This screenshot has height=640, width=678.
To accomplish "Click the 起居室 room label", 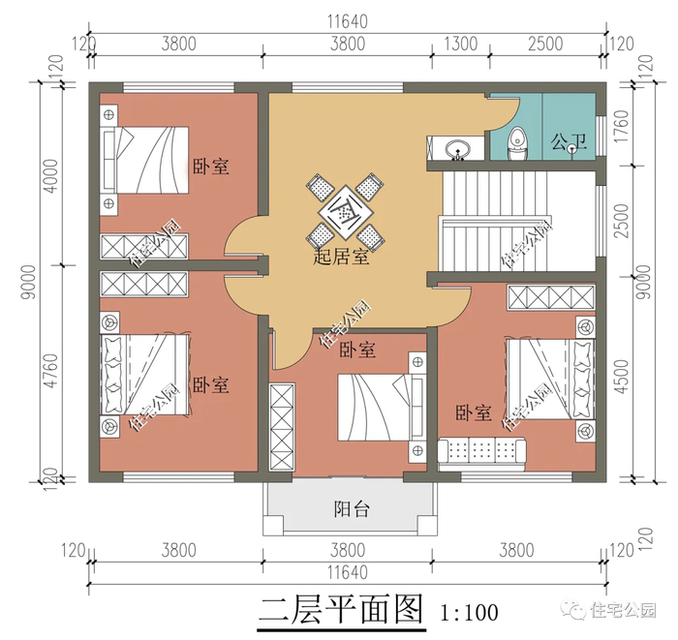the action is coord(341,257).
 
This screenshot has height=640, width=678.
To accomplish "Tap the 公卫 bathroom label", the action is coord(569,141).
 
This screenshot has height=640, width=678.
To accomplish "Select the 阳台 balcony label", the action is coord(352,509).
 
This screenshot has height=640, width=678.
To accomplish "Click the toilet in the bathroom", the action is coord(516,143).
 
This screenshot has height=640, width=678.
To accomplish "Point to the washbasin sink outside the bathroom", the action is coord(457,149).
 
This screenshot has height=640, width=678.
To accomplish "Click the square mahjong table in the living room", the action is coord(345,212).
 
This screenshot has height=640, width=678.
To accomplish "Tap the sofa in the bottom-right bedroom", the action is coord(481,454).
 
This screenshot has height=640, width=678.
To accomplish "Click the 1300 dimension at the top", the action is coord(461,45).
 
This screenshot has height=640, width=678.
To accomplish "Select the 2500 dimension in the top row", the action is coord(545,45).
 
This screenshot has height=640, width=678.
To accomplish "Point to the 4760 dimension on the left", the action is coord(51,370).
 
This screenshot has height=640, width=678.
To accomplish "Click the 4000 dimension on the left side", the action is coord(51,176).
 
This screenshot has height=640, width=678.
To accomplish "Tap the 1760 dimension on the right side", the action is coord(621,126).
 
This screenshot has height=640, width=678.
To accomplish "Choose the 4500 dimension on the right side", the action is coord(621,376).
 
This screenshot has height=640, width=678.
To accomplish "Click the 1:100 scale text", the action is coord(469,612).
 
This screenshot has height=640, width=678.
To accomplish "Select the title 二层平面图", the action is coord(340,610).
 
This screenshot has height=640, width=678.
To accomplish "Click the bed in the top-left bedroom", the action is coord(144,160).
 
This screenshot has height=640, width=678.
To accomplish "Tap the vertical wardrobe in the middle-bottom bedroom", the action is coord(282,427).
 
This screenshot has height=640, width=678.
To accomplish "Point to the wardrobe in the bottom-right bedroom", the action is coord(550,297).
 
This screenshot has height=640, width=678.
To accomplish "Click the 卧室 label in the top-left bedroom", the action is coord(210,167).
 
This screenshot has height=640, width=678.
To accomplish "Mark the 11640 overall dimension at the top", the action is coord(348,21).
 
